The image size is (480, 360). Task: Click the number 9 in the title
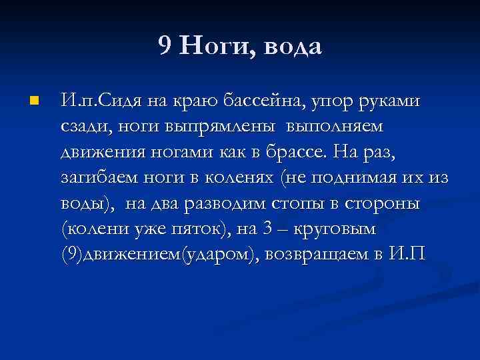[x=165, y=46]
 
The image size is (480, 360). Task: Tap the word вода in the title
[x=293, y=47]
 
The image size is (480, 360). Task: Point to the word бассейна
[x=260, y=102]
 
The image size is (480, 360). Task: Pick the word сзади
[x=83, y=127]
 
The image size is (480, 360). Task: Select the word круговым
[x=344, y=229]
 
